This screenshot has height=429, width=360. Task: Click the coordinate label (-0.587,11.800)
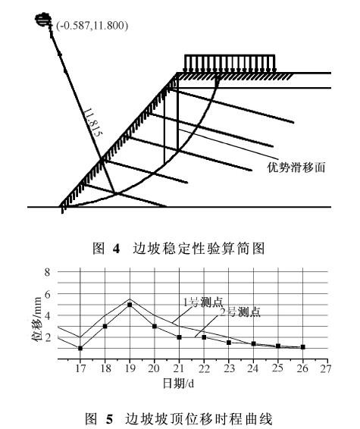pos(92,26)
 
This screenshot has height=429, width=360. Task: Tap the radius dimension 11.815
pos(93,122)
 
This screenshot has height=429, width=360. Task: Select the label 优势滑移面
pos(296,168)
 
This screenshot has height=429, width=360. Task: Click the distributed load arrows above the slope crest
pos(230,64)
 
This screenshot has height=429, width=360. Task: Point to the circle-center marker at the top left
pos(43,20)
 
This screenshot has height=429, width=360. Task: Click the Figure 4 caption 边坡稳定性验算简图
pos(199,249)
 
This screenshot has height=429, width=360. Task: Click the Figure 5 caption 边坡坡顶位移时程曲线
pos(199,419)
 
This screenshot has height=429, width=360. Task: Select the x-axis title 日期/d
pos(179,384)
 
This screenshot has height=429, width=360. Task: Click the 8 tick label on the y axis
pos(48,272)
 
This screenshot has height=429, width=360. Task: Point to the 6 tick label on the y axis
pos(48,294)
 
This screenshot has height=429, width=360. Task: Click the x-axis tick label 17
pos(80,368)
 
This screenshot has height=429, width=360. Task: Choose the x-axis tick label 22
pos(204,368)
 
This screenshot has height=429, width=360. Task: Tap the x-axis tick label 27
pos(326,368)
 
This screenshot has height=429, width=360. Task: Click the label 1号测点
pos(203,302)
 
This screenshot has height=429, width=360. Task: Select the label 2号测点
pos(240,312)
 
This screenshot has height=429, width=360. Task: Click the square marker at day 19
pos(130,305)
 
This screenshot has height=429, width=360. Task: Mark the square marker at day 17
pos(80,349)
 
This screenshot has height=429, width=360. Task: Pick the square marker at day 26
pos(303,347)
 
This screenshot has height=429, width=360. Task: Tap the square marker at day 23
pos(229,343)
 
